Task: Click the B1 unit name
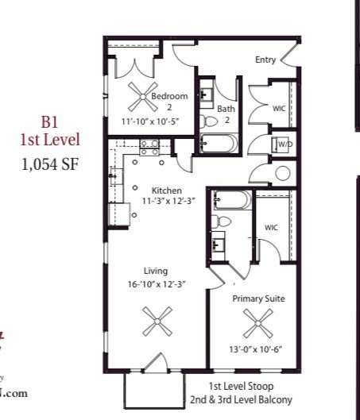50,122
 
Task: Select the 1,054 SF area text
50,165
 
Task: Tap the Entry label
265,60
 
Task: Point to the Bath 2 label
226,114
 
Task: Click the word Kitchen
167,191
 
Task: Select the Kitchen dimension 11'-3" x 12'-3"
167,202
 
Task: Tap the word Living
155,272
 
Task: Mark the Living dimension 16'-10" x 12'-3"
155,284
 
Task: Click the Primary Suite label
258,299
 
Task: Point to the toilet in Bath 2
210,121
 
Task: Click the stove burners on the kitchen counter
149,145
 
